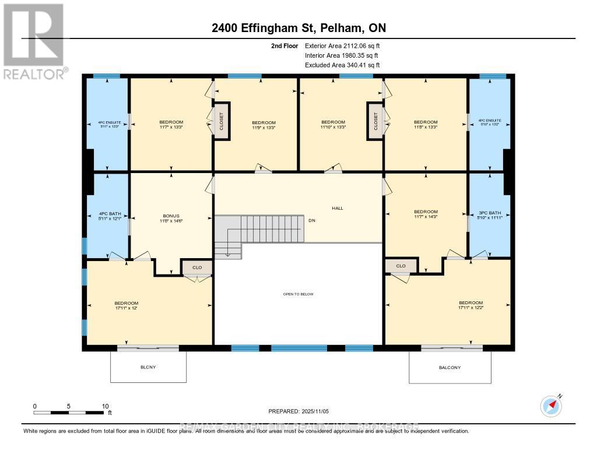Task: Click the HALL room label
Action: [338, 207]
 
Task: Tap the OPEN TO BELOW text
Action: [298, 294]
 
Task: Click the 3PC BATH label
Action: [489, 214]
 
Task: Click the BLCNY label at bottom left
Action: [148, 367]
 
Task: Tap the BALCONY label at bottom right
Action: [449, 367]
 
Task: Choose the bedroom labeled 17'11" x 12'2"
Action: [470, 305]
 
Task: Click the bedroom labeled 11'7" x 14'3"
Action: [425, 214]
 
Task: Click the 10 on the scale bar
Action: [106, 406]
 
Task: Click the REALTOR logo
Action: [34, 41]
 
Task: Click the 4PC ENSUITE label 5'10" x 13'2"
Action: [489, 124]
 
